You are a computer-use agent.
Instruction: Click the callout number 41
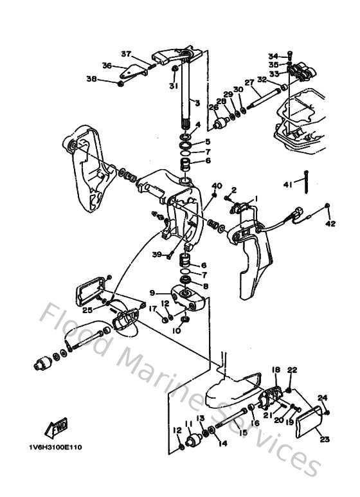click(287, 185)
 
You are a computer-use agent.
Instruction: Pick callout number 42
click(330, 224)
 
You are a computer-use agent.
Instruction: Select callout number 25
click(87, 310)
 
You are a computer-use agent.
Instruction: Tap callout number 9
click(152, 293)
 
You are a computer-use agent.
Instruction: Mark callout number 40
click(217, 186)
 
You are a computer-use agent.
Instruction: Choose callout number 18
click(275, 370)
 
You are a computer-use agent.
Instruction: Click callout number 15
click(242, 433)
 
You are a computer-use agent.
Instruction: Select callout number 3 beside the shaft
click(197, 103)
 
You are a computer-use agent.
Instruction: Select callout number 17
click(152, 309)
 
